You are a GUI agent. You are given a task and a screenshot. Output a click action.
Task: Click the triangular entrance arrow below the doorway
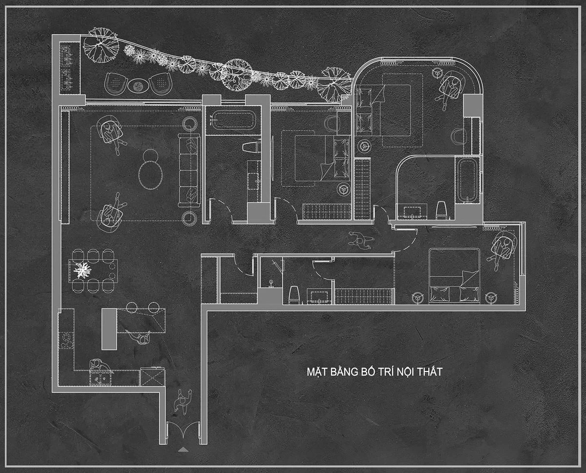pos(183,450)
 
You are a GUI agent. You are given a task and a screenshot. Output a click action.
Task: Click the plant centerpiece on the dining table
pos(82,270)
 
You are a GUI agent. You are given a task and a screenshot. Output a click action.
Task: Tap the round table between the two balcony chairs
pos(138,86)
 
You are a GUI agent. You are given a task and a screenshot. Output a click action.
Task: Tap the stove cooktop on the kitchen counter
pos(66,340)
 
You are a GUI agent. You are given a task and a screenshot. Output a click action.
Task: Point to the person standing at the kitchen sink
pos(100,366)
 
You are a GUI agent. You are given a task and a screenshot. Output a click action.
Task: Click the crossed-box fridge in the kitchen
pos(153,377)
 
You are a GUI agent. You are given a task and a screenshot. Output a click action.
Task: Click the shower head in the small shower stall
pos(271,283)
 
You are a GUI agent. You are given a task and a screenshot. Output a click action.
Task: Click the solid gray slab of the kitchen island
pos(109,329)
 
